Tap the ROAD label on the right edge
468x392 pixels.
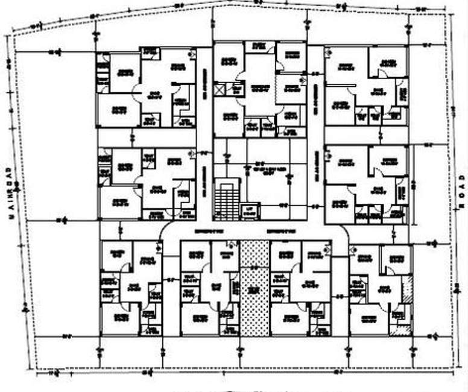coord(462,192)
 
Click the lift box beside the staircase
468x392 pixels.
coord(248,210)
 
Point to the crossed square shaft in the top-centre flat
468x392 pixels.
coord(220,90)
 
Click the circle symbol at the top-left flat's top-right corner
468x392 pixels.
coord(192,53)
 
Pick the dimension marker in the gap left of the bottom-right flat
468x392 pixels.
coord(341,296)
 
